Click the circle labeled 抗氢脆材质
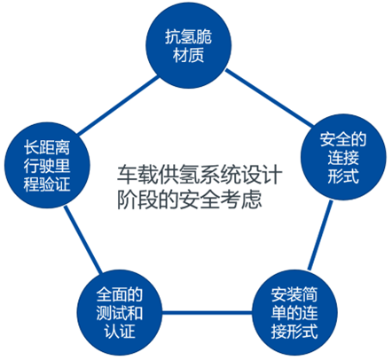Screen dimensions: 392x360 pos(189,46)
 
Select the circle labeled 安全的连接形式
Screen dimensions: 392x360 pos(343,157)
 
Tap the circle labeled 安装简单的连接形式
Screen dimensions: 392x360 pos(294,313)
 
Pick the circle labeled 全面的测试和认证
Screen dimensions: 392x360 pos(120,313)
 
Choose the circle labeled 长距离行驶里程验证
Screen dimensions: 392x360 pos(47,165)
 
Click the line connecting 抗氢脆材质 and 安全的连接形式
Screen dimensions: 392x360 pos(269,98)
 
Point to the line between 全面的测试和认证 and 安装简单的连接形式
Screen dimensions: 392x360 pos(207,313)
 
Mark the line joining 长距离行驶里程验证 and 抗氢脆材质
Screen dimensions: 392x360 pos(118,106)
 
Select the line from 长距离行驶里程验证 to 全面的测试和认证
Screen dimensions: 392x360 pos(83,239)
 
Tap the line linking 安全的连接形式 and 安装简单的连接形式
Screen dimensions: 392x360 pos(320,235)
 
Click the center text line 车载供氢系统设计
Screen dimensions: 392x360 pos(200,175)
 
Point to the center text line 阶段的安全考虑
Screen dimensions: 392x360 pos(190,200)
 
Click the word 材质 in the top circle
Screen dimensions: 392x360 pos(189,55)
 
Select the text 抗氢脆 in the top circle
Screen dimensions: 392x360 pos(189,36)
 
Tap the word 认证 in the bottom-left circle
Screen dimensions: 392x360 pos(120,331)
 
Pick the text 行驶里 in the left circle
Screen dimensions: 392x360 pos(47,166)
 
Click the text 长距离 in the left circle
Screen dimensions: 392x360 pos(47,147)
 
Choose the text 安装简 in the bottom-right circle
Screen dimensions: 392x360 pos(294,294)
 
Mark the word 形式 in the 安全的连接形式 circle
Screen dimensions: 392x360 pos(343,176)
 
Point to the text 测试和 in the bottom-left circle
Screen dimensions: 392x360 pos(120,313)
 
